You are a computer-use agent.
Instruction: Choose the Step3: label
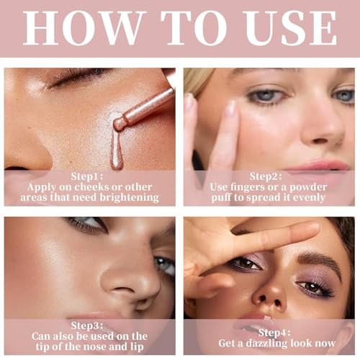(x=89, y=324)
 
